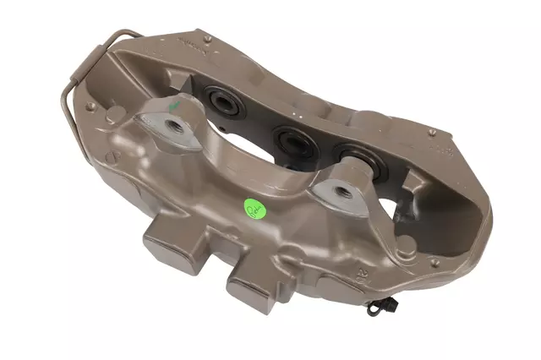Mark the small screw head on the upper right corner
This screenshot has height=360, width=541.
point(433,133)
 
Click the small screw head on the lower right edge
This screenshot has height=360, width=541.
point(434,263)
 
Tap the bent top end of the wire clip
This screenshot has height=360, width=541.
point(127,34)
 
